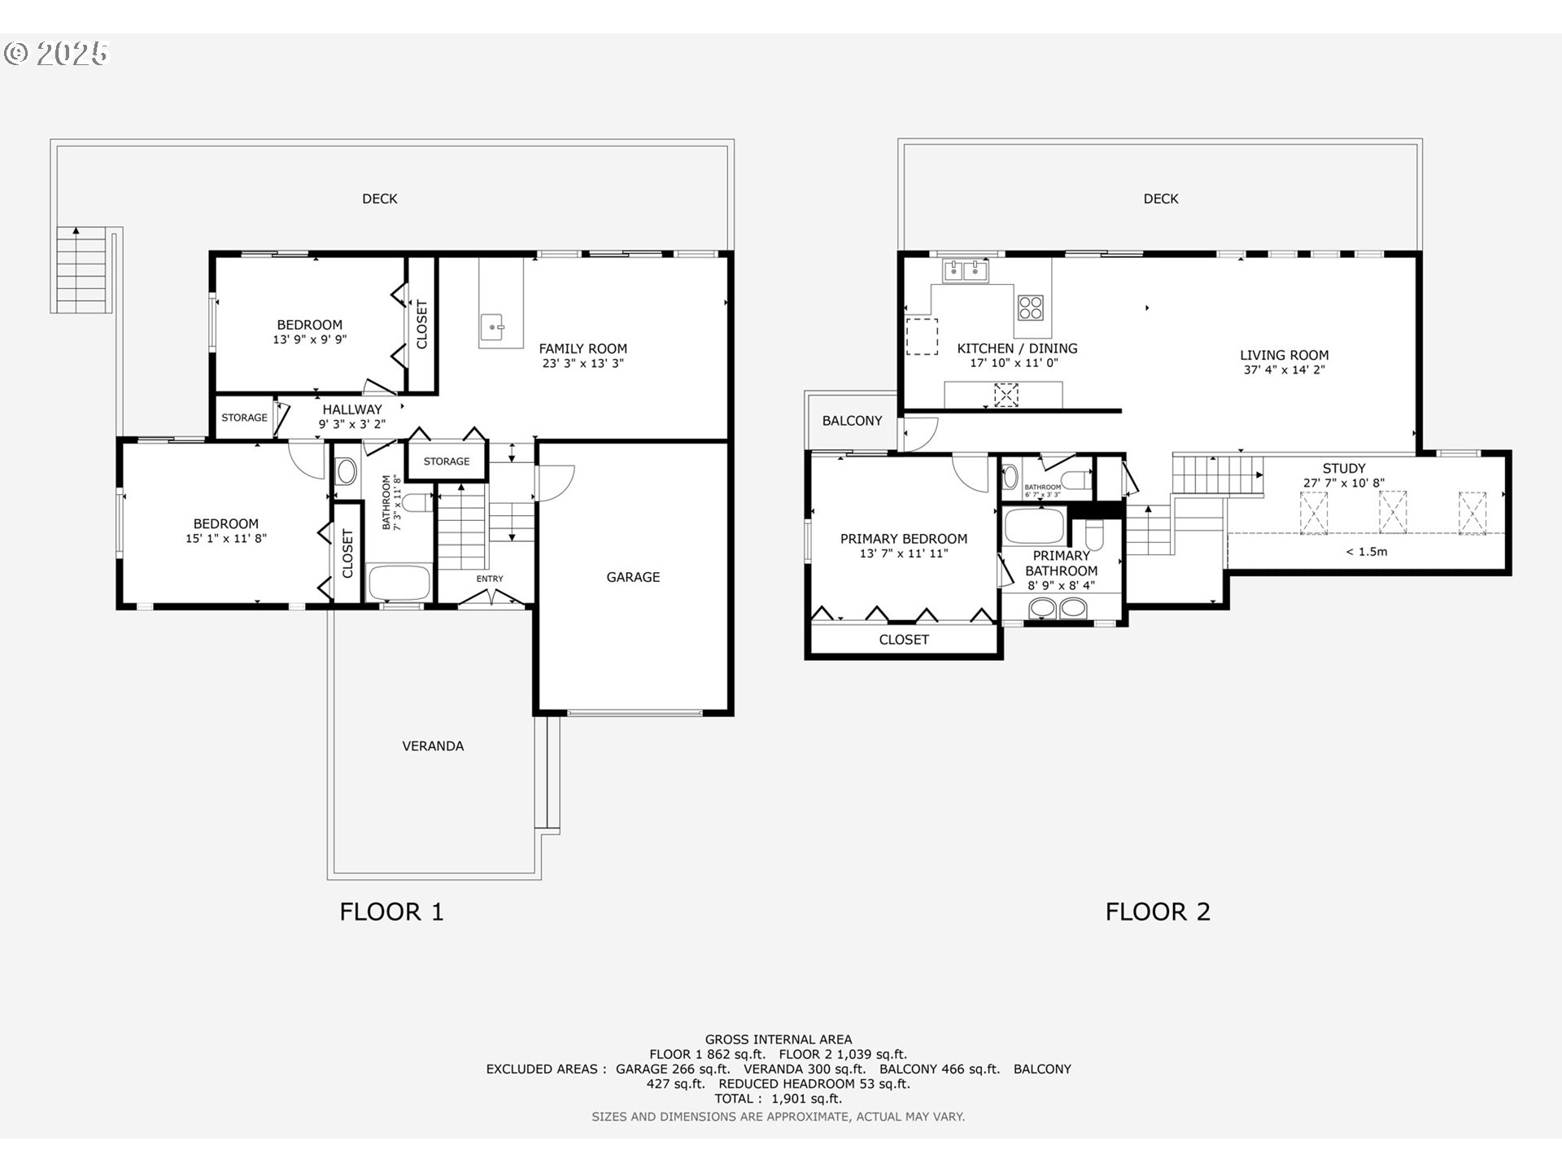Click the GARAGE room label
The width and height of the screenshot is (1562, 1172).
pyautogui.click(x=632, y=577)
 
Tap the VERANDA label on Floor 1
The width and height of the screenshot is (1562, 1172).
pyautogui.click(x=433, y=746)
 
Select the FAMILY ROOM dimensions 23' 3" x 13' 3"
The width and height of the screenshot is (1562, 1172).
pyautogui.click(x=582, y=364)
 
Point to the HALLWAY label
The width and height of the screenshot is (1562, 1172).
pyautogui.click(x=351, y=409)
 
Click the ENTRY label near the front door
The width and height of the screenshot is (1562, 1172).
pyautogui.click(x=490, y=579)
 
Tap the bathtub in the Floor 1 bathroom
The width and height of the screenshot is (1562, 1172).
pyautogui.click(x=399, y=583)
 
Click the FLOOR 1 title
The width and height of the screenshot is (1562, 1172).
pyautogui.click(x=391, y=912)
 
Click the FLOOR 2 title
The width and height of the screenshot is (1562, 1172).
pyautogui.click(x=1157, y=912)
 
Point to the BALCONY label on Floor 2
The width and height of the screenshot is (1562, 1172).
pyautogui.click(x=852, y=421)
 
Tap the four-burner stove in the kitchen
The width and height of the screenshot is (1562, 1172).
pyautogui.click(x=1030, y=308)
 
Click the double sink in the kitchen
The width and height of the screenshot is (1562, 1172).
pyautogui.click(x=965, y=270)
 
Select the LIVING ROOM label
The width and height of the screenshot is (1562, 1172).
pyautogui.click(x=1284, y=355)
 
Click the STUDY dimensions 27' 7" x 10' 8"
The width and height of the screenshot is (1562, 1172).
pyautogui.click(x=1343, y=483)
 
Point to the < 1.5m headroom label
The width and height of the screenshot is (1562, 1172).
pyautogui.click(x=1366, y=552)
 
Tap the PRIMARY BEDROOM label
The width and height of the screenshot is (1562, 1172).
pyautogui.click(x=903, y=539)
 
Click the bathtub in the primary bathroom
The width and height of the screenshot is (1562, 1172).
pyautogui.click(x=1034, y=526)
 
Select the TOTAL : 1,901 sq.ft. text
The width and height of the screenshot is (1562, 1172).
pyautogui.click(x=779, y=1099)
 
